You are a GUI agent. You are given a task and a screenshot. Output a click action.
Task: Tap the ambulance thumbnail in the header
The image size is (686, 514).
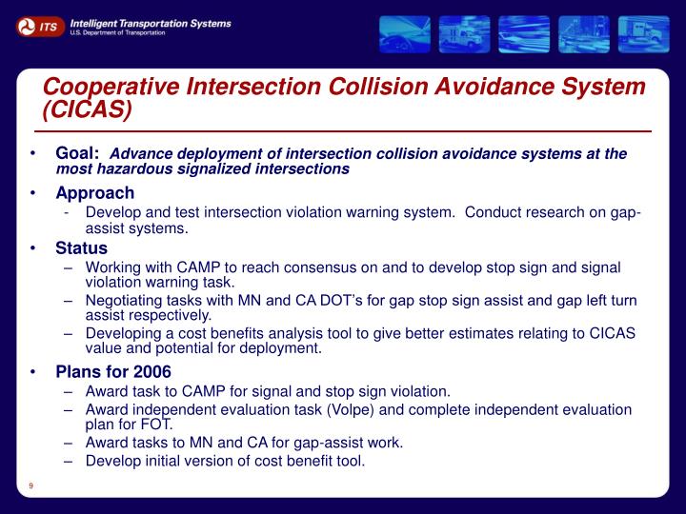coord(465,33)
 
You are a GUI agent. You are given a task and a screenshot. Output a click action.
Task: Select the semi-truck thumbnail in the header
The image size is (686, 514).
coord(643,33)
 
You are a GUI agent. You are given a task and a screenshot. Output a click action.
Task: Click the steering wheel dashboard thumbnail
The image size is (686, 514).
coord(405,33)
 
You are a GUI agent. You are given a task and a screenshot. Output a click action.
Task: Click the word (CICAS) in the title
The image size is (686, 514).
coord(87,110)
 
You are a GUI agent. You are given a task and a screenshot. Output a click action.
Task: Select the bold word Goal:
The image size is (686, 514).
coord(78,153)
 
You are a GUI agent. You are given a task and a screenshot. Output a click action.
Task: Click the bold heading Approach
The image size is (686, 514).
coord(94,193)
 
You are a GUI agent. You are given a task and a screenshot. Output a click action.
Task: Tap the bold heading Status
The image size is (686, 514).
coord(81,248)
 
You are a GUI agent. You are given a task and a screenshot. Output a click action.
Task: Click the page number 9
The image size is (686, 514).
coord(31,487)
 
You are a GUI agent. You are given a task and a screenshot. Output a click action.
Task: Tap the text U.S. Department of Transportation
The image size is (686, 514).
coord(117,32)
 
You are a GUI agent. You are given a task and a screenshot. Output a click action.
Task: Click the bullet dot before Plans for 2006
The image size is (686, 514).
coord(33,371)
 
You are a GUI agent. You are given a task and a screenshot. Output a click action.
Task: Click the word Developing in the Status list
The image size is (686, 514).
coord(122,332)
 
